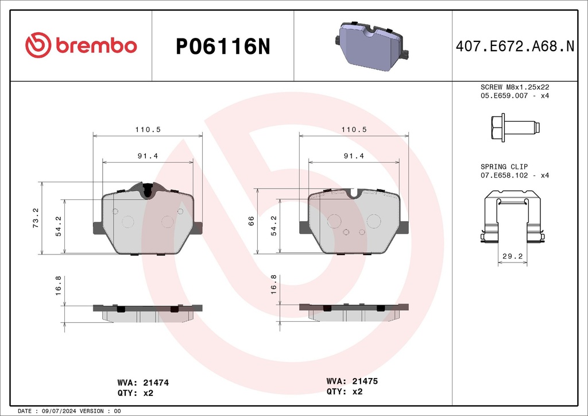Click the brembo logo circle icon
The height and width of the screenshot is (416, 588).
pyautogui.click(x=38, y=45)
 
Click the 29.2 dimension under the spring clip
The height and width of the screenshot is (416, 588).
pyautogui.click(x=512, y=257)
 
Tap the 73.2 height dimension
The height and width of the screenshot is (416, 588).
pyautogui.click(x=36, y=218)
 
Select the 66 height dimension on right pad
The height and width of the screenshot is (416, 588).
pyautogui.click(x=251, y=221)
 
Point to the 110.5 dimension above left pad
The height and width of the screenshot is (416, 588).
pyautogui.click(x=148, y=130)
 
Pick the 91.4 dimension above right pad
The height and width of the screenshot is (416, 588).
pyautogui.click(x=354, y=156)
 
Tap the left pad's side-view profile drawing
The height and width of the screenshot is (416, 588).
pyautogui.click(x=148, y=312)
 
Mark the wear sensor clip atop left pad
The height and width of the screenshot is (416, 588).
pyautogui.click(x=148, y=190)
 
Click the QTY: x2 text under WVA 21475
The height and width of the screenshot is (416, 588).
pyautogui.click(x=345, y=392)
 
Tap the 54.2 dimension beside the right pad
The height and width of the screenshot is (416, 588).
pyautogui.click(x=274, y=226)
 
